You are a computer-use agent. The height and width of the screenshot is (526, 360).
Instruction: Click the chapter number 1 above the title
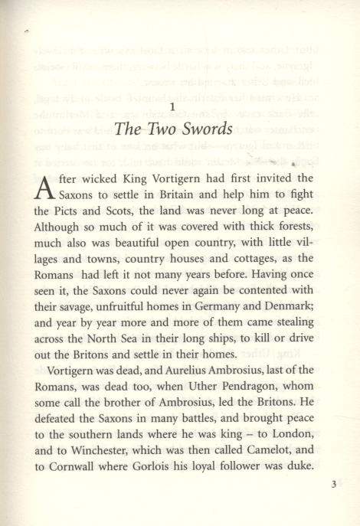coord(175,106)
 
